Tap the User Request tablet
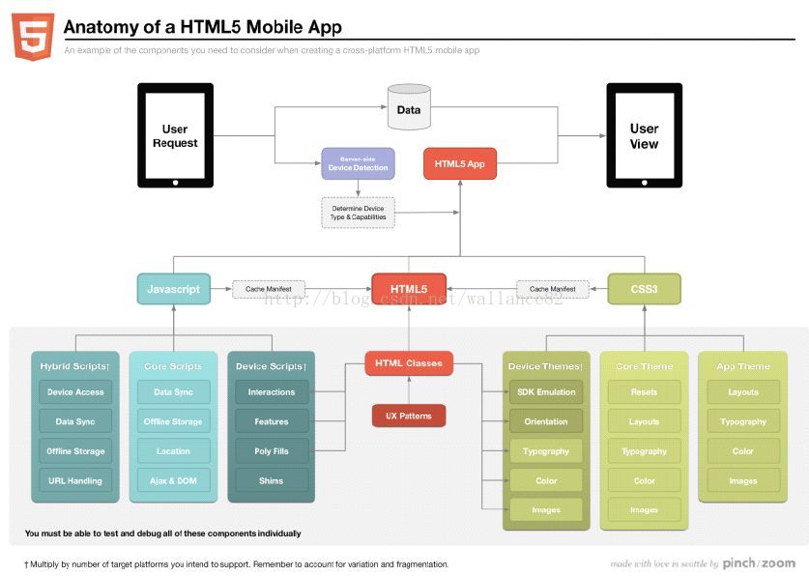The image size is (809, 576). [175, 134]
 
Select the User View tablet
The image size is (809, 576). [644, 135]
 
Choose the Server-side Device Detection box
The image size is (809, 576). [358, 163]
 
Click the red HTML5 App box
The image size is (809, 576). [459, 163]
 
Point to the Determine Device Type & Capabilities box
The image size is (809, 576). [358, 213]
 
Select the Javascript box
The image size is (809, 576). [174, 289]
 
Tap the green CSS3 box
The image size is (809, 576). [644, 289]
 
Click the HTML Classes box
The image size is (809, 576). [408, 363]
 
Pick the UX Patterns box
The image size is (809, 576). [408, 416]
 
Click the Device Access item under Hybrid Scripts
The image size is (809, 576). [75, 392]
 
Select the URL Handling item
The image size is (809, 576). [75, 480]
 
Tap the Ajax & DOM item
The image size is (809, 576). [173, 480]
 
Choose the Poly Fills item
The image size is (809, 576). [272, 451]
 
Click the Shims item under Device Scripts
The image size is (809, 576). [272, 480]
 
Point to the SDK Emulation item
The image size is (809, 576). [546, 392]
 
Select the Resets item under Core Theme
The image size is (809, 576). [644, 392]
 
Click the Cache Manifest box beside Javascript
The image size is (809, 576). [269, 289]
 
